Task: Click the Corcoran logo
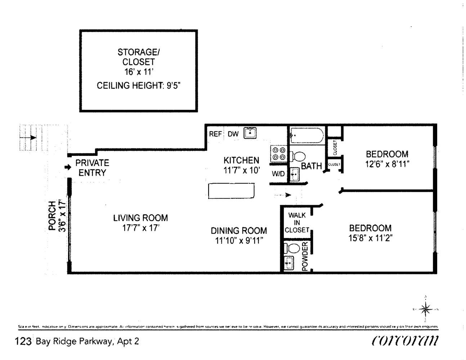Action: tap(405, 340)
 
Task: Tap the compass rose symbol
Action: tap(426, 309)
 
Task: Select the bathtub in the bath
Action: tap(307, 135)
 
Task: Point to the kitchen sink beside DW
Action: tap(250, 133)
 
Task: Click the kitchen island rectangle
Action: tap(232, 191)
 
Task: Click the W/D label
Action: tap(278, 174)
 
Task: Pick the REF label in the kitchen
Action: tap(215, 134)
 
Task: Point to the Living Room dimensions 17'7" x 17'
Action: tap(140, 228)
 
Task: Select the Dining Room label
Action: tap(239, 231)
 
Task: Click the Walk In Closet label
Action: tap(297, 222)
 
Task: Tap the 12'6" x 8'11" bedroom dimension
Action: tap(387, 164)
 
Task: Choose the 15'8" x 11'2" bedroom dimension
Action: tap(370, 238)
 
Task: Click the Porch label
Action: tap(53, 216)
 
